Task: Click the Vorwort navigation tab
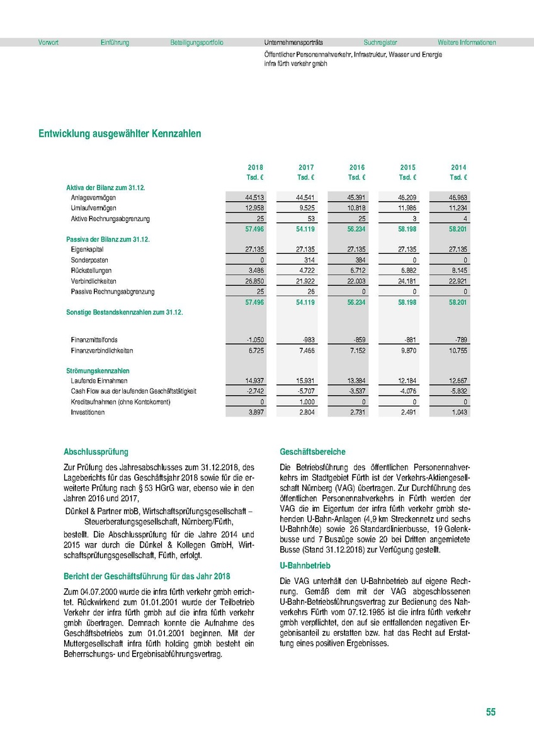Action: click(48, 43)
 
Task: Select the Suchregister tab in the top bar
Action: click(380, 43)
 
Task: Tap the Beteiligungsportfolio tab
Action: click(196, 43)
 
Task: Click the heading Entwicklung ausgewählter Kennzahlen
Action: click(120, 134)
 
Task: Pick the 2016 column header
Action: click(357, 168)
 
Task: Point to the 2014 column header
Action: click(458, 168)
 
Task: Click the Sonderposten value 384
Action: click(359, 260)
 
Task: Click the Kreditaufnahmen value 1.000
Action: click(306, 402)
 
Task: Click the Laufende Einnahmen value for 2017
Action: click(305, 381)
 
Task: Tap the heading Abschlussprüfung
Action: click(96, 452)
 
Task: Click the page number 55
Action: click(491, 713)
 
